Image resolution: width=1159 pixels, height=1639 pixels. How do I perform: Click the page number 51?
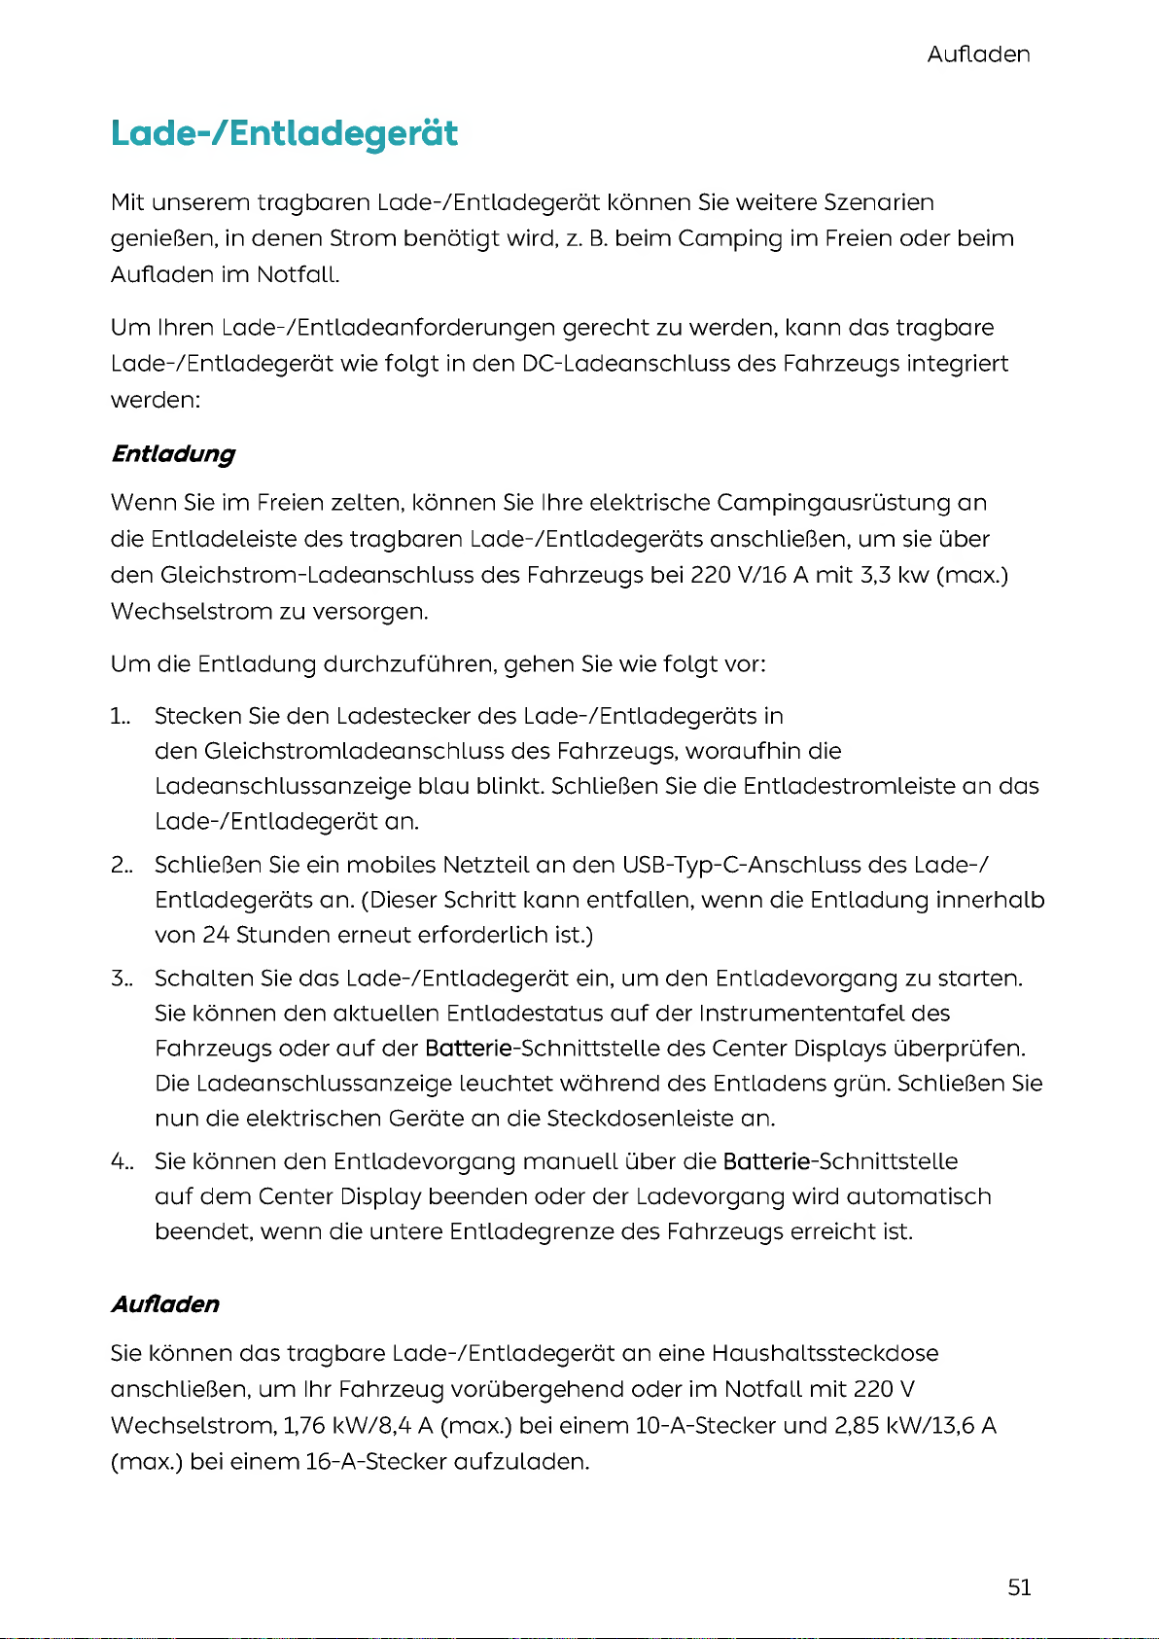[x=1019, y=1587]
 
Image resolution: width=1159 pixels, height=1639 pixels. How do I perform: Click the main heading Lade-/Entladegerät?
[x=284, y=133]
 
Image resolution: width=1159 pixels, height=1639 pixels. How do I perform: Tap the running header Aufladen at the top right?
[x=978, y=54]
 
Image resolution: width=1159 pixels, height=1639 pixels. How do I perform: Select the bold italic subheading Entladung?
[x=173, y=454]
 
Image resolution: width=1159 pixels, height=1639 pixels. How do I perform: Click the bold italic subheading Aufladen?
[x=165, y=1304]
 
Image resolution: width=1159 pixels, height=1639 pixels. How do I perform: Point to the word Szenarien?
[x=879, y=203]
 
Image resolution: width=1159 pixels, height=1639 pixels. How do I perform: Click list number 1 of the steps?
[x=120, y=717]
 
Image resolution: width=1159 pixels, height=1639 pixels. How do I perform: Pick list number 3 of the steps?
[x=120, y=978]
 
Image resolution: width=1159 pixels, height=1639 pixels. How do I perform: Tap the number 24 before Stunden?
[x=215, y=935]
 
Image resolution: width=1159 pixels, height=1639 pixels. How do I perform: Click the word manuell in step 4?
[x=570, y=1161]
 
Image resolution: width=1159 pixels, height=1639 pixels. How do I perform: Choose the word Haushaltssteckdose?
[x=825, y=1353]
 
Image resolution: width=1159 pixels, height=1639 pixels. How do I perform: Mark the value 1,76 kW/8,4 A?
[x=358, y=1426]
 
